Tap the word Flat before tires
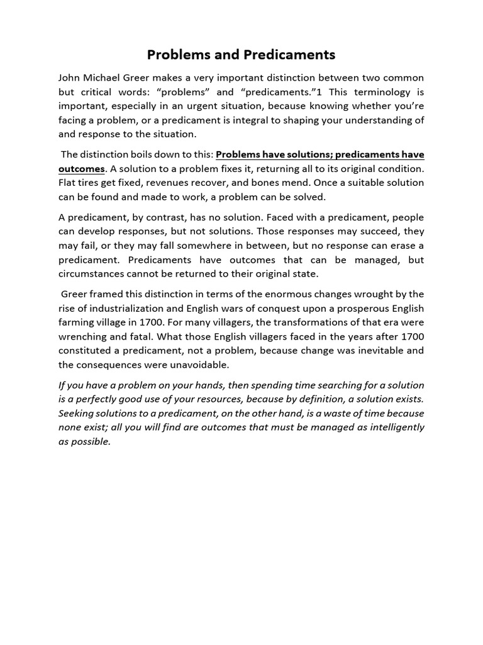coord(69,183)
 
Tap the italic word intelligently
coord(391,427)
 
